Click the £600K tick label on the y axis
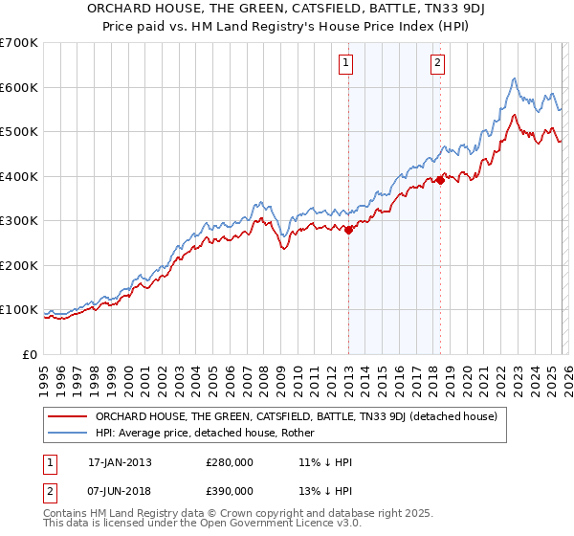click(19, 87)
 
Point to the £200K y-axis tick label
click(19, 265)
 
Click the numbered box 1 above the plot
click(344, 64)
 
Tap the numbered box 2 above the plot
click(437, 64)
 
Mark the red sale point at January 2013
click(348, 230)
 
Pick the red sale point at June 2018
click(440, 180)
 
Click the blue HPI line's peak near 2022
click(515, 78)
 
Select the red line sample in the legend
click(68, 416)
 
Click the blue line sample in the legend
click(68, 433)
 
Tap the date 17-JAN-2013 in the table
click(120, 461)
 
